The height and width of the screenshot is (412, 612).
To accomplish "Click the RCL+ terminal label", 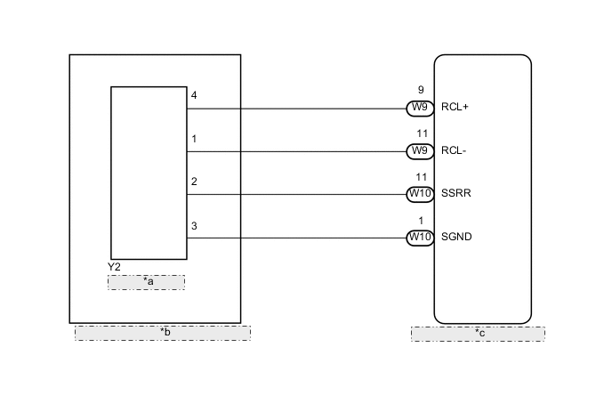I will (x=455, y=109).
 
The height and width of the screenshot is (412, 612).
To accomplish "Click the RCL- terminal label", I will (x=454, y=151).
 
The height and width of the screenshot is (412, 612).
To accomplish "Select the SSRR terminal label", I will (x=455, y=194).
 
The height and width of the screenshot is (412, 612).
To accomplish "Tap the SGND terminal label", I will (x=457, y=238).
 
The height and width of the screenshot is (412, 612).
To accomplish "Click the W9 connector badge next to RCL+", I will (x=419, y=109).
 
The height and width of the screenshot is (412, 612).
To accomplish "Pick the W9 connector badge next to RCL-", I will (x=419, y=151).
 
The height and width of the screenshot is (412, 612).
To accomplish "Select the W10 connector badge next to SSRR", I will (x=419, y=194).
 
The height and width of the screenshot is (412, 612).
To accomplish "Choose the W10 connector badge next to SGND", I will (x=419, y=238).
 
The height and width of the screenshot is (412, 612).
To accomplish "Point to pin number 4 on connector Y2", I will (x=194, y=95).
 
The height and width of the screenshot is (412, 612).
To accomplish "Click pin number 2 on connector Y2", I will (x=194, y=182).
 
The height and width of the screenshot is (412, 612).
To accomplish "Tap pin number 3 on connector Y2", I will (x=194, y=226).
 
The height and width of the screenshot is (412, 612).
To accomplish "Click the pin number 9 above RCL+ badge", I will (x=421, y=90).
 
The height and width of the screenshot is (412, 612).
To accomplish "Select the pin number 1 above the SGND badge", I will (x=421, y=220).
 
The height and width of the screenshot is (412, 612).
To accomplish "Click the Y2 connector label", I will (x=114, y=266).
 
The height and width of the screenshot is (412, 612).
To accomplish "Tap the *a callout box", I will (x=147, y=282).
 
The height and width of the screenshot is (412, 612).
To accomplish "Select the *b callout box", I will (x=163, y=333).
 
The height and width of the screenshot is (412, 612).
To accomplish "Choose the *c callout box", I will (x=478, y=334).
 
